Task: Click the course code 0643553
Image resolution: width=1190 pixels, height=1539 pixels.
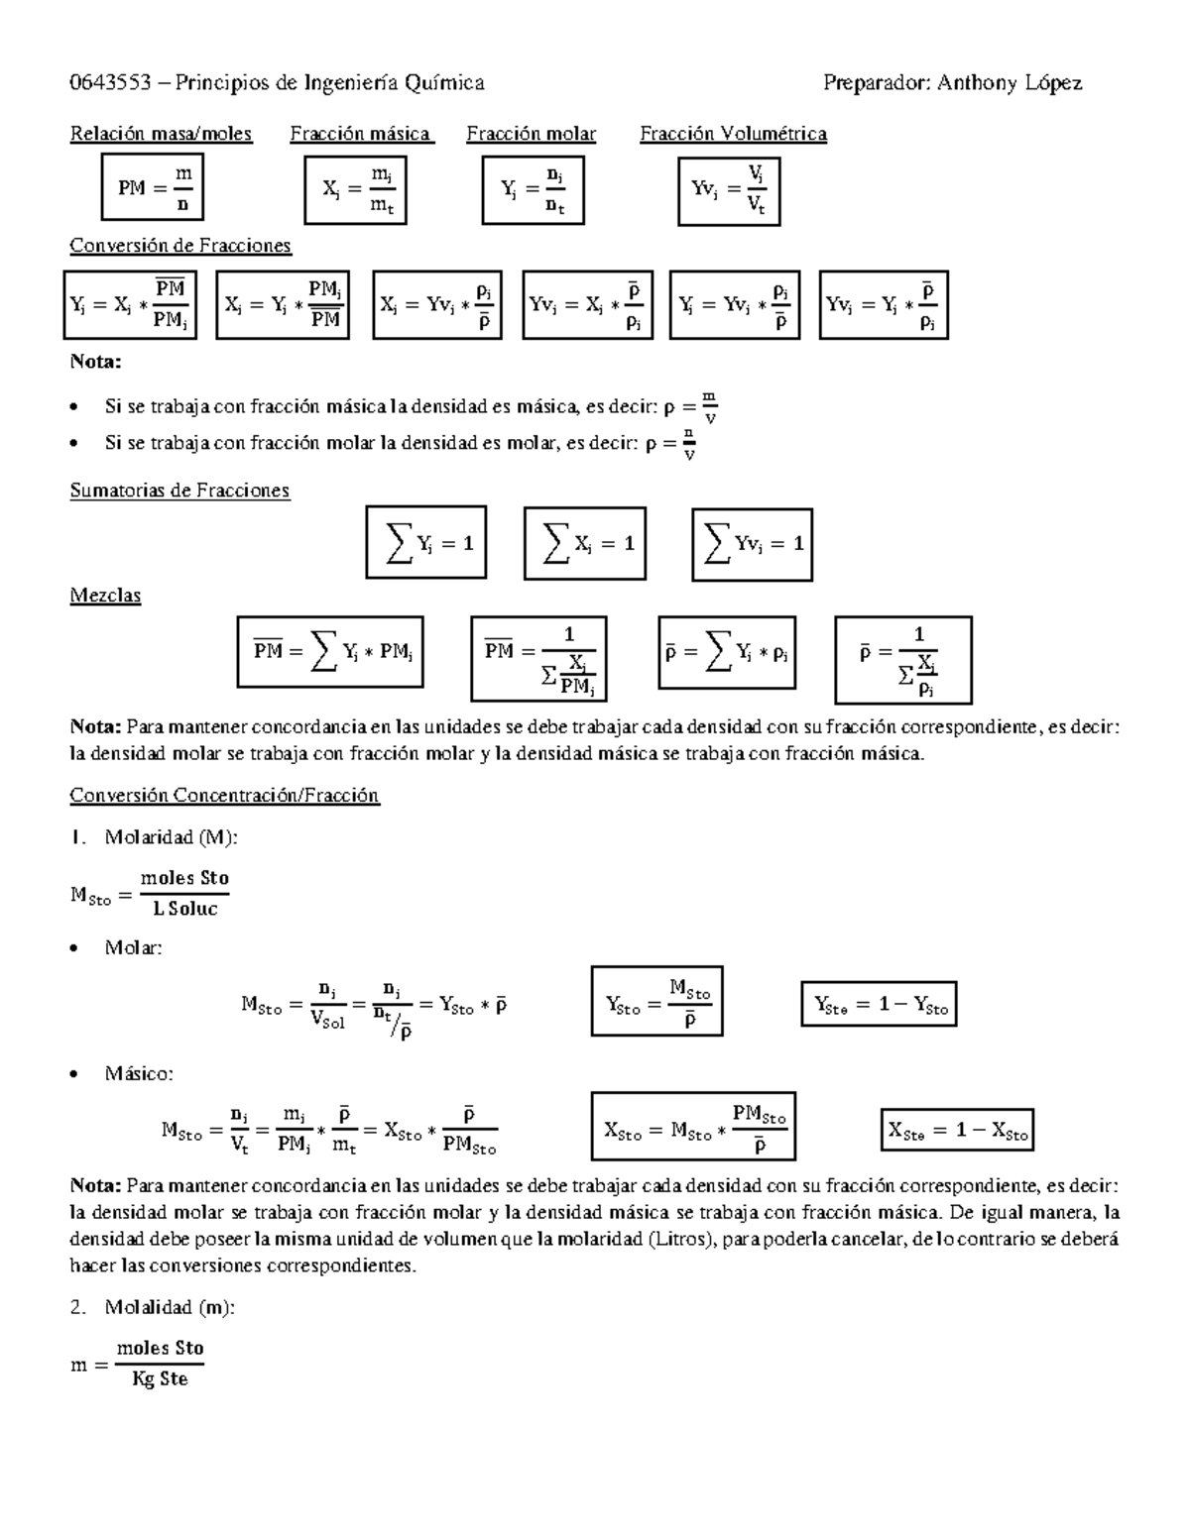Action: coord(110,83)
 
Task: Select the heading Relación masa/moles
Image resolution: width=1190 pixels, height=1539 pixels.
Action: coord(161,134)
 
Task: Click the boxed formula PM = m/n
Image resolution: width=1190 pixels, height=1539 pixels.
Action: coord(153,186)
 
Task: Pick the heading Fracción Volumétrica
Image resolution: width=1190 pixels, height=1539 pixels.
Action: coord(733,134)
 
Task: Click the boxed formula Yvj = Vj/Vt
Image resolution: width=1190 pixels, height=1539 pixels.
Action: coord(729,190)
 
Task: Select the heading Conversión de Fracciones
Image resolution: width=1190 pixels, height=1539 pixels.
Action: coord(180,245)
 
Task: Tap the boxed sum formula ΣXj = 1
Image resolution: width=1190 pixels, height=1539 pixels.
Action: coord(585,543)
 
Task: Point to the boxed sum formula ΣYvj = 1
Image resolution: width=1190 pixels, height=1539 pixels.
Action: coord(752,544)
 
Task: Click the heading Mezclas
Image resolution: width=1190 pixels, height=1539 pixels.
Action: coord(105,596)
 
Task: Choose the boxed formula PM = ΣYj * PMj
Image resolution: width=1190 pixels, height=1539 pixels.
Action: coord(330,652)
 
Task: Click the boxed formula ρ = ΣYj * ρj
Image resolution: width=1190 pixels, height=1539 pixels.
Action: coord(727,652)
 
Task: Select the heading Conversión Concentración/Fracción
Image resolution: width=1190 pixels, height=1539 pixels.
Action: coord(224,796)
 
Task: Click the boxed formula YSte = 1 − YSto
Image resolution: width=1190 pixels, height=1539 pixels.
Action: coord(879,1006)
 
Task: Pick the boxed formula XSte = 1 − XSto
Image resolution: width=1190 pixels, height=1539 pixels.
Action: coord(957,1131)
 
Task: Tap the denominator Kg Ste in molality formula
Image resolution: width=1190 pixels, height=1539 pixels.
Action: coord(160,1379)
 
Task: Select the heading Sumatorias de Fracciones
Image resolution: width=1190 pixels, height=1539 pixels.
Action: coord(179,491)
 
